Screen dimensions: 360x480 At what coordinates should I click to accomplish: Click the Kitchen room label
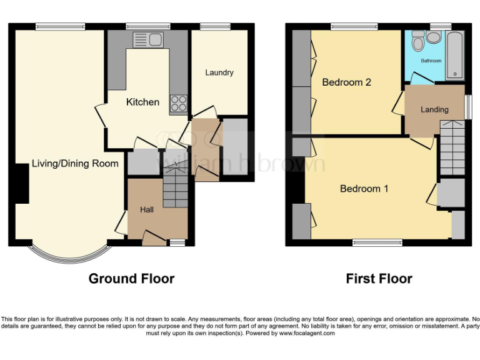pyautogui.click(x=142, y=102)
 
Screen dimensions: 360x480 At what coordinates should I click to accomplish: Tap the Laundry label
pyautogui.click(x=219, y=72)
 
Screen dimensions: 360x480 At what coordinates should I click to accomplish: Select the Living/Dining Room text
pyautogui.click(x=75, y=164)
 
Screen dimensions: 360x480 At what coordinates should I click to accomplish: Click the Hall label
pyautogui.click(x=147, y=209)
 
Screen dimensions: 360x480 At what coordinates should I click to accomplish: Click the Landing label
pyautogui.click(x=434, y=109)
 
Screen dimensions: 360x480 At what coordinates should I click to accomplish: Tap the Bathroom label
pyautogui.click(x=431, y=61)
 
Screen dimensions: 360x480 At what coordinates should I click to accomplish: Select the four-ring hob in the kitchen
pyautogui.click(x=178, y=102)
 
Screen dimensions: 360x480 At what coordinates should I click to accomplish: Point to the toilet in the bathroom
pyautogui.click(x=432, y=39)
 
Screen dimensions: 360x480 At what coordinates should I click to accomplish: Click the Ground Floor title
pyautogui.click(x=131, y=278)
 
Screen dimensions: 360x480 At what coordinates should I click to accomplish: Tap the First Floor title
pyautogui.click(x=379, y=278)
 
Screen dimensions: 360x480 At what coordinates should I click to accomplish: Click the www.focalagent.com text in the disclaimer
pyautogui.click(x=307, y=333)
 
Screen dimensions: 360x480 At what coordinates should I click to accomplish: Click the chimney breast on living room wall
pyautogui.click(x=21, y=186)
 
